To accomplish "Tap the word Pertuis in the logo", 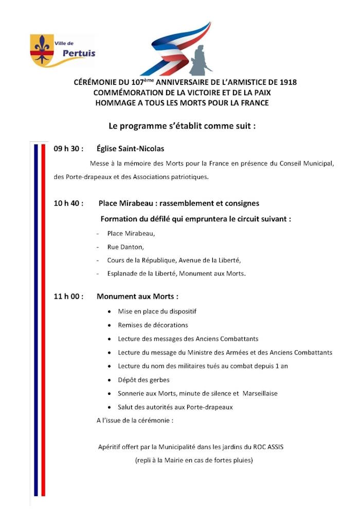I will pos(78,53).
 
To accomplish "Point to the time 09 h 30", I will pos(68,149).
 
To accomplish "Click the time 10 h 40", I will pos(68,203).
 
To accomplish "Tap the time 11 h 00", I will pos(68,297).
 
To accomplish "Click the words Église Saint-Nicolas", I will pos(130,149).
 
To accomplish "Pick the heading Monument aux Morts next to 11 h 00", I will pos(137,297).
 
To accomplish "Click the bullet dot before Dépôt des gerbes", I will pos(110,380).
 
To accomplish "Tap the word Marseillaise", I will pos(259,394).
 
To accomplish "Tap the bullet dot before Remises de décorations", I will pos(110,325).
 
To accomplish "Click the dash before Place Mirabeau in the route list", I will pos(98,233).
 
